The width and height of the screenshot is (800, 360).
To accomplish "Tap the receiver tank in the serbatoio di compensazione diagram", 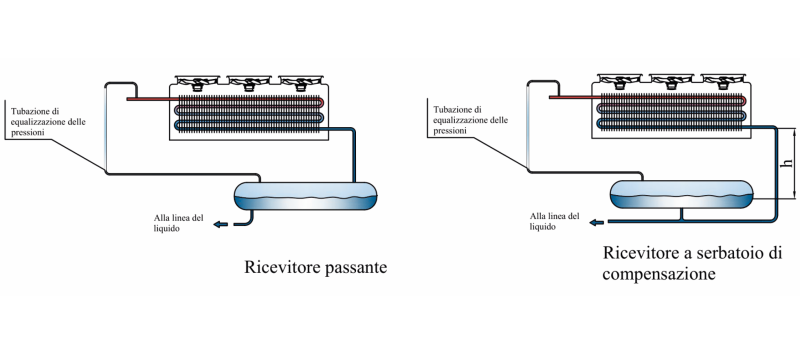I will (681, 194).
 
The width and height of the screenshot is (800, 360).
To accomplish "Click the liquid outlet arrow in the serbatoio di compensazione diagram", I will (597, 222).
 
